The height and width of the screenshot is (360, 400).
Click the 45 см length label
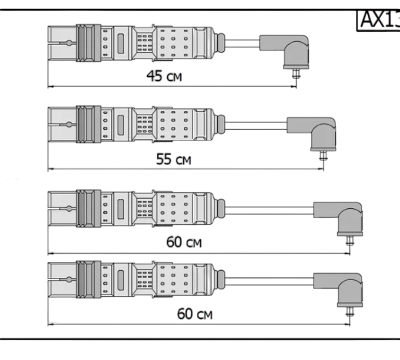click(x=164, y=76)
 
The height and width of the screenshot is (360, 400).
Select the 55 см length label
click(x=173, y=159)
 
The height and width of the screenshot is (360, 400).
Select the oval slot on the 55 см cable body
click(x=121, y=124)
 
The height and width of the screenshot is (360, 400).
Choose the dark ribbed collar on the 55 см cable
click(x=89, y=124)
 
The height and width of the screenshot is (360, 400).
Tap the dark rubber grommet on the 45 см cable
click(x=221, y=43)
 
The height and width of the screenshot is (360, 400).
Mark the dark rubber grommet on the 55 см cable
click(x=221, y=125)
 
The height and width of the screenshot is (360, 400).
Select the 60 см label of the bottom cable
click(x=195, y=315)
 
